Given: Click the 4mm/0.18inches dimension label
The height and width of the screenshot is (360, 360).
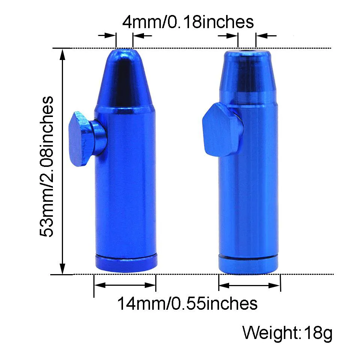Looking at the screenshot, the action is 188,22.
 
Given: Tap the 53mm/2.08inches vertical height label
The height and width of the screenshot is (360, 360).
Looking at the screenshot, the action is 46,166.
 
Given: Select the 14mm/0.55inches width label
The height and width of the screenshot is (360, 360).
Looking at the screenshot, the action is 187,303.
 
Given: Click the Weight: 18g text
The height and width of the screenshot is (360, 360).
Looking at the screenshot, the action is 287,333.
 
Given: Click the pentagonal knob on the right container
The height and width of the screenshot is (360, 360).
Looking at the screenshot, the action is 222,130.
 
